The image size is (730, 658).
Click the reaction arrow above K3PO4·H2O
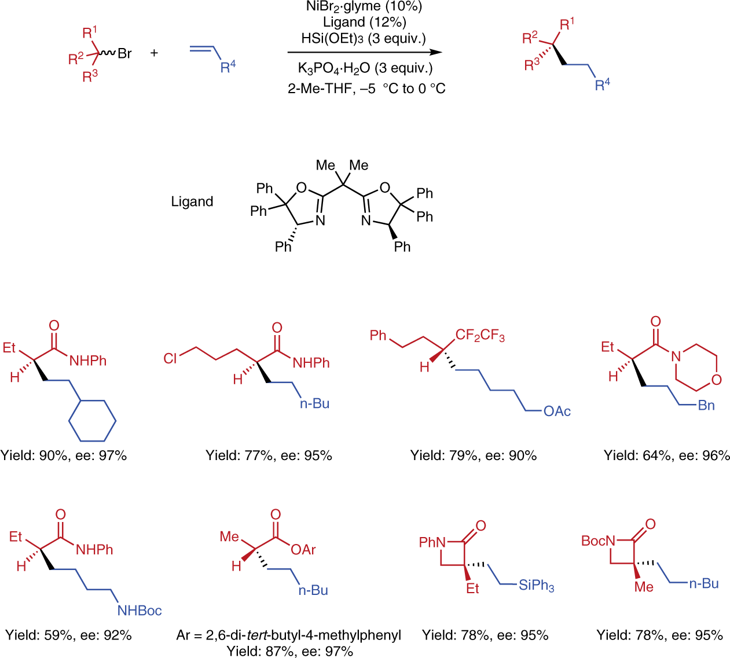[x=365, y=52]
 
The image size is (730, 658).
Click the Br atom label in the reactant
[x=124, y=54]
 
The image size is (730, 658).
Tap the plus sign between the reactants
[x=154, y=53]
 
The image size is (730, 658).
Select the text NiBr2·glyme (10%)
[x=364, y=7]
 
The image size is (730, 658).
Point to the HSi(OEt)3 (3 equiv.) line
[x=364, y=38]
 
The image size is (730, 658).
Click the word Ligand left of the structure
[x=192, y=202]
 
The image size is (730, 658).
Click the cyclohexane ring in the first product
[x=93, y=421]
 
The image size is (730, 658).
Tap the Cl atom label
[x=170, y=359]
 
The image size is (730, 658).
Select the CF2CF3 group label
[x=480, y=336]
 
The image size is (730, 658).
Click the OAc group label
[x=557, y=411]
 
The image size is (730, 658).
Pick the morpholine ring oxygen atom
[x=717, y=380]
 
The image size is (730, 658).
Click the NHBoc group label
[x=140, y=611]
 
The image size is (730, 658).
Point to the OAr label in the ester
[x=303, y=550]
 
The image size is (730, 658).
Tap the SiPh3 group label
[x=536, y=586]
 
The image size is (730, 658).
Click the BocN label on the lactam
[x=598, y=541]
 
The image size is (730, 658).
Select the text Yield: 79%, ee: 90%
[x=474, y=456]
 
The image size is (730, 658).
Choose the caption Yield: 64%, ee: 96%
[x=667, y=456]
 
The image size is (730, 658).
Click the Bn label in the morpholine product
[x=706, y=406]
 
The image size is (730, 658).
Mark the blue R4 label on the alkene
[x=228, y=67]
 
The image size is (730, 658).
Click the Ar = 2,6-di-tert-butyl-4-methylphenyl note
[x=289, y=635]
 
